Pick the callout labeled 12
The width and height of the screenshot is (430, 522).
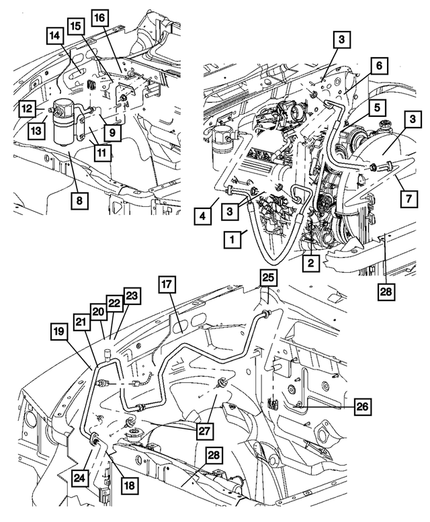point(27,107)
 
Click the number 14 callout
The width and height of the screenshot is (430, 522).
point(54,36)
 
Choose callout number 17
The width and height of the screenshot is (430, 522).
point(167,286)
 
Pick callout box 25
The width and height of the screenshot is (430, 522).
point(268,277)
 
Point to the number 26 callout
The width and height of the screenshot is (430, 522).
point(361,406)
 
